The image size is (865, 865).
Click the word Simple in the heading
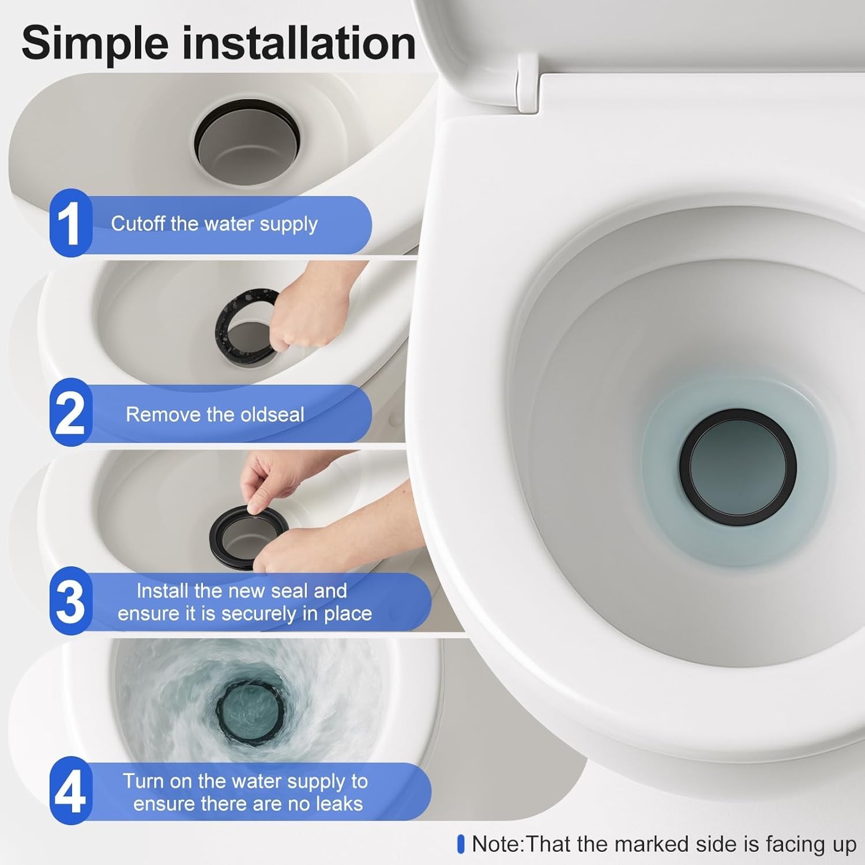(96, 44)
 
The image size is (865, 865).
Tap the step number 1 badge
(70, 223)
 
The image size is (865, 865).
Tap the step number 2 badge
(70, 413)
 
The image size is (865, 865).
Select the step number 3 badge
(70, 601)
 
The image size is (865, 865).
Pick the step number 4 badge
(70, 791)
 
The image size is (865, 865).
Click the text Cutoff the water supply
(214, 224)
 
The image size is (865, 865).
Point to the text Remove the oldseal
(215, 414)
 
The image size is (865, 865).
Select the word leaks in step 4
(337, 803)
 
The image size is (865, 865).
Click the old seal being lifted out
(231, 323)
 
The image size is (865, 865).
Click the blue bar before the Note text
(460, 844)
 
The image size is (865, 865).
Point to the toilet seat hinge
(527, 84)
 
